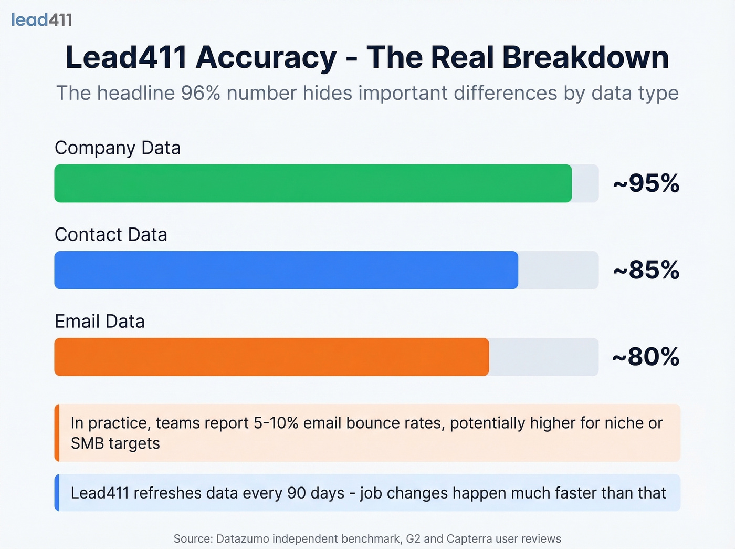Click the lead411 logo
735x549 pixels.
(41, 20)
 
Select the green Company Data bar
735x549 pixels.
(313, 183)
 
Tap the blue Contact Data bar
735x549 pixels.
(286, 270)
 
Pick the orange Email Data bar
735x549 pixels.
(271, 357)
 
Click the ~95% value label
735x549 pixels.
(646, 183)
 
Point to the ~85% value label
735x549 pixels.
(646, 270)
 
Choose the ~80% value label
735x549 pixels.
(646, 357)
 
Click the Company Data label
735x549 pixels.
(118, 148)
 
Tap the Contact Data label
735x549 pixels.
(111, 235)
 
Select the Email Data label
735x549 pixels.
(100, 322)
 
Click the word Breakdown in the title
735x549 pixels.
(585, 57)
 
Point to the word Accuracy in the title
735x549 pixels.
(266, 57)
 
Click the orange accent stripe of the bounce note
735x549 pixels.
(57, 433)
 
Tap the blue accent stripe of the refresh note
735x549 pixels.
(57, 493)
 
